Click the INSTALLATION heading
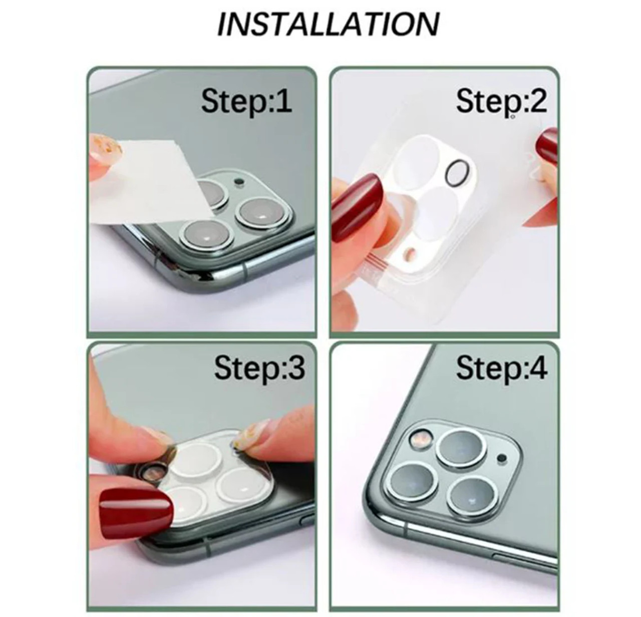329,24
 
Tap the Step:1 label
246,101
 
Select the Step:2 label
501,101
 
